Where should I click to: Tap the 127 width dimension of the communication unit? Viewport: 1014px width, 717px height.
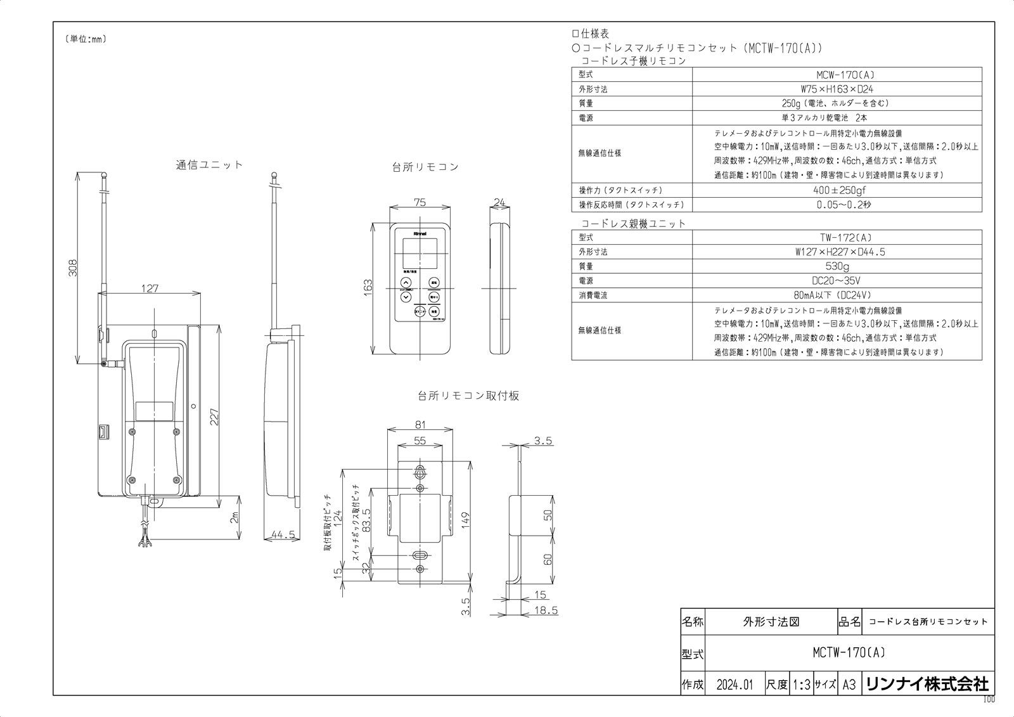150,288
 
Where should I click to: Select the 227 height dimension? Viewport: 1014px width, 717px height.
215,416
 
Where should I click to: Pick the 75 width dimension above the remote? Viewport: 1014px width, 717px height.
420,203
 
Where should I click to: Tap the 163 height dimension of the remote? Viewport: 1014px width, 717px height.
368,287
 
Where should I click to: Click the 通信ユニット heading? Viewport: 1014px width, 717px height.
209,165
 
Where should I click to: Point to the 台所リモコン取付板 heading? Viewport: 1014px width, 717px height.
468,396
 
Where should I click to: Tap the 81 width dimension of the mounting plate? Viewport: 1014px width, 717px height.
420,425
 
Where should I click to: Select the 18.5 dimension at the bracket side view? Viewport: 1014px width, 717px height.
546,610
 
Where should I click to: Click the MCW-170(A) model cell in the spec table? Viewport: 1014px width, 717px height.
837,75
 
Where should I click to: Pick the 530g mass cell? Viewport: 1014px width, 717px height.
837,266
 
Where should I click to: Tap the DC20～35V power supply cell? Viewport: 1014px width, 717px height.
837,281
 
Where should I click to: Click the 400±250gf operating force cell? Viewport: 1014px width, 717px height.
837,190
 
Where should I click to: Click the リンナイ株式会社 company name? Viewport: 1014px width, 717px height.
927,685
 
